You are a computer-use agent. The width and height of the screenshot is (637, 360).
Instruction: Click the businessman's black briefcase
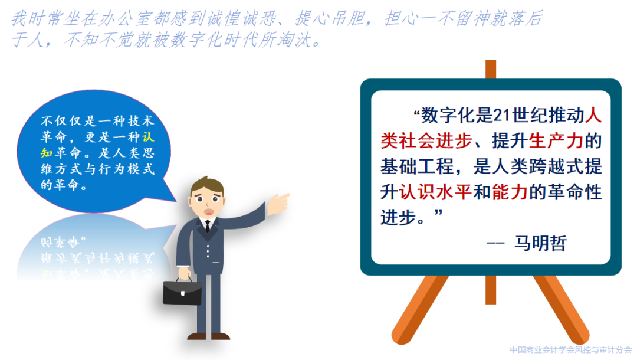click(x=182, y=292)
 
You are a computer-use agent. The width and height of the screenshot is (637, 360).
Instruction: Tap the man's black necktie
click(x=208, y=226)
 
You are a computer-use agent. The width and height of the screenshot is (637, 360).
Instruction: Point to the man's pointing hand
click(x=278, y=203)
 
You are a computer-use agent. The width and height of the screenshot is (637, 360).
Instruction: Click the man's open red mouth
click(x=209, y=212)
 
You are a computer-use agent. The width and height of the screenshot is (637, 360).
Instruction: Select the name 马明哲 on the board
click(x=540, y=243)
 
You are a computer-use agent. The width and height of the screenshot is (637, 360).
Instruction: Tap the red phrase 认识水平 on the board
click(x=435, y=192)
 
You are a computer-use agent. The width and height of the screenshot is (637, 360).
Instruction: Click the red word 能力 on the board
click(x=510, y=192)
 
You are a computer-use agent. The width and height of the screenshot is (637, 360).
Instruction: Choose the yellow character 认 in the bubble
click(x=148, y=136)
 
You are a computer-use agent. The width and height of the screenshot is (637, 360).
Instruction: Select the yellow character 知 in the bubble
click(x=47, y=152)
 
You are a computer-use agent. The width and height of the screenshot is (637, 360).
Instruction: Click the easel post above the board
click(x=491, y=70)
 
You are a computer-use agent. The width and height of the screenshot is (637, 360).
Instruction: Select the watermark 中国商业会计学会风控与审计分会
click(x=570, y=350)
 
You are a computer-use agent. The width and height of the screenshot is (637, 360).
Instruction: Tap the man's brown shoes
click(x=208, y=336)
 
